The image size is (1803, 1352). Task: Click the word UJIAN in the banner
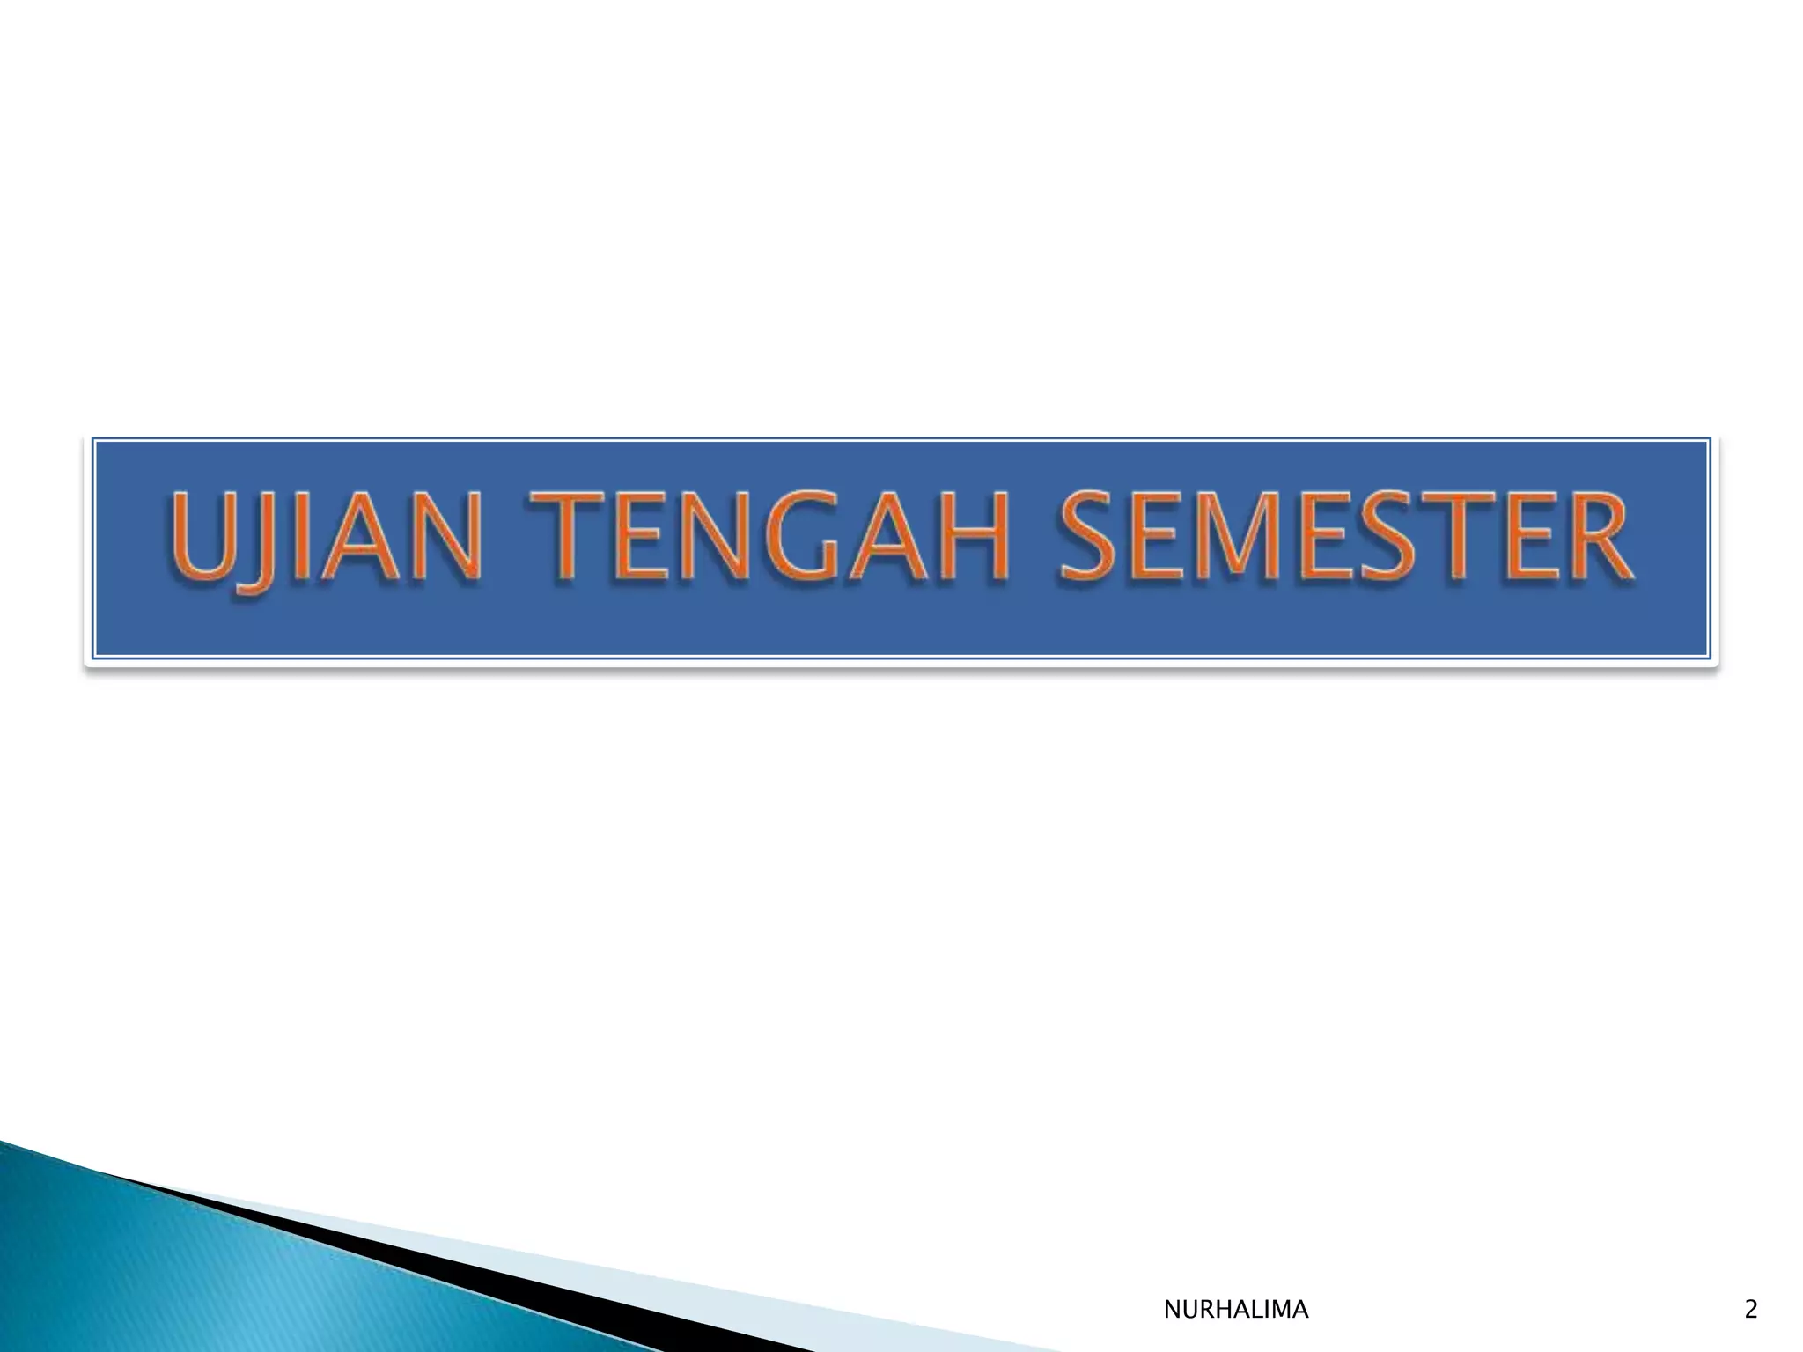(x=323, y=539)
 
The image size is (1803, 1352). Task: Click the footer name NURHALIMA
(x=1235, y=1310)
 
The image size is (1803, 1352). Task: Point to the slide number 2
(x=1750, y=1310)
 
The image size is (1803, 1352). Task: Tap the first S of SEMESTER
(x=1089, y=539)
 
